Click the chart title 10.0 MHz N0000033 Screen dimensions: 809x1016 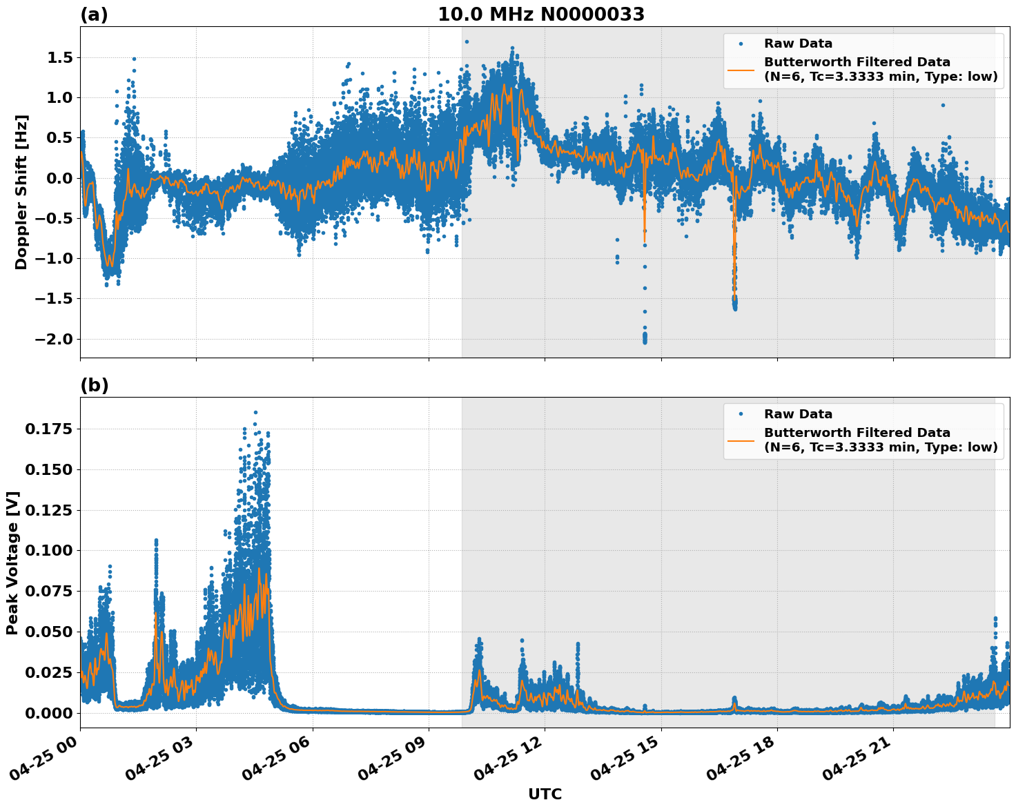[540, 14]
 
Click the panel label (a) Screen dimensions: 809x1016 [94, 14]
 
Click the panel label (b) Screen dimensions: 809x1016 [94, 385]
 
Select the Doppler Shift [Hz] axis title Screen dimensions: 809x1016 [21, 192]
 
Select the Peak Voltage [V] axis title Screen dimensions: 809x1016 [12, 563]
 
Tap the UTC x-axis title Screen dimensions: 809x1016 [545, 794]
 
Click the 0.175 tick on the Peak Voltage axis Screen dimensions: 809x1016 [48, 429]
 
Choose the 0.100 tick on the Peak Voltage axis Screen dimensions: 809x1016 [48, 551]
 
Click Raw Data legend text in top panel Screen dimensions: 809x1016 [798, 43]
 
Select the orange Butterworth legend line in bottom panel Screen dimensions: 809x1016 [741, 440]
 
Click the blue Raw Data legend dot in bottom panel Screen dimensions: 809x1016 [741, 414]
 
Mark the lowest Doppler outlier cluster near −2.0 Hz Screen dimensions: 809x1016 [645, 338]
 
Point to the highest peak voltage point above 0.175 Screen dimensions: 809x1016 [255, 412]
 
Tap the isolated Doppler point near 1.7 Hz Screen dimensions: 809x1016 [467, 41]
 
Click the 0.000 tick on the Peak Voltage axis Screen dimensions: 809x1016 [48, 713]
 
